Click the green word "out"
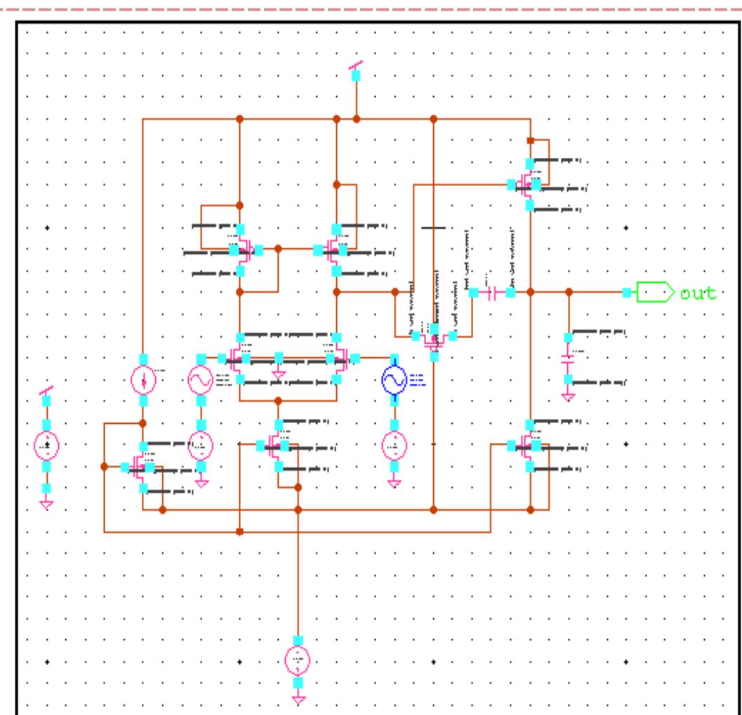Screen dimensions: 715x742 coord(698,293)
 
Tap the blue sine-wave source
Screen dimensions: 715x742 coord(395,380)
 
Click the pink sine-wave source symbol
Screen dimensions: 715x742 coord(201,380)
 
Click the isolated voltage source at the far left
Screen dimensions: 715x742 coord(46,444)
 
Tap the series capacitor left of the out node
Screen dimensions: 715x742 coord(492,293)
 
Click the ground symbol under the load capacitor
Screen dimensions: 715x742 coord(568,396)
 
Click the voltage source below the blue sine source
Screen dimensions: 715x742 coord(395,444)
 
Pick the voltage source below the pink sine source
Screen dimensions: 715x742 coord(201,444)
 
